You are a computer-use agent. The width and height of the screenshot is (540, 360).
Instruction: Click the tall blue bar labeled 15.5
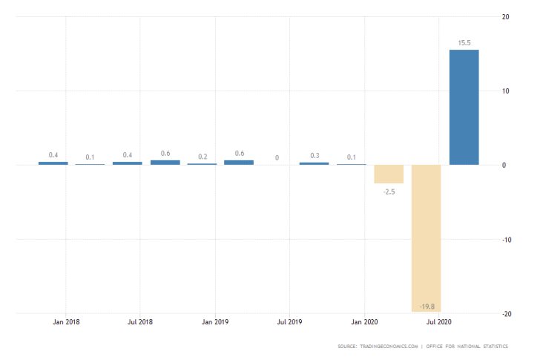(x=464, y=108)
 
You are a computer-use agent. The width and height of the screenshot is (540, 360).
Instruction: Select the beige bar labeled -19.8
(x=427, y=238)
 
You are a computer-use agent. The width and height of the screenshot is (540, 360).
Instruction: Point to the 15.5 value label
(x=464, y=43)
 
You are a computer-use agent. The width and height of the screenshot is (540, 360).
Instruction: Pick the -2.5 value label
(x=389, y=192)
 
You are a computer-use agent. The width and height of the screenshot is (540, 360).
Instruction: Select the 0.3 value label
(x=315, y=155)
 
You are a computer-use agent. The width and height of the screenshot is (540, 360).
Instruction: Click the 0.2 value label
(x=202, y=157)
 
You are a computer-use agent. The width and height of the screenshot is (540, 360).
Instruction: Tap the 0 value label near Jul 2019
(x=277, y=157)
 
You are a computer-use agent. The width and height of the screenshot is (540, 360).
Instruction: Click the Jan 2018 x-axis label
(x=66, y=322)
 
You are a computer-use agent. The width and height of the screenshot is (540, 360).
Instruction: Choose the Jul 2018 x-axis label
(x=140, y=322)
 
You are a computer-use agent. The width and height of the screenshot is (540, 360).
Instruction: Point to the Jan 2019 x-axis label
(x=216, y=322)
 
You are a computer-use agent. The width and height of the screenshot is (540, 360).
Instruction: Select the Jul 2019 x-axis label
(x=290, y=322)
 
